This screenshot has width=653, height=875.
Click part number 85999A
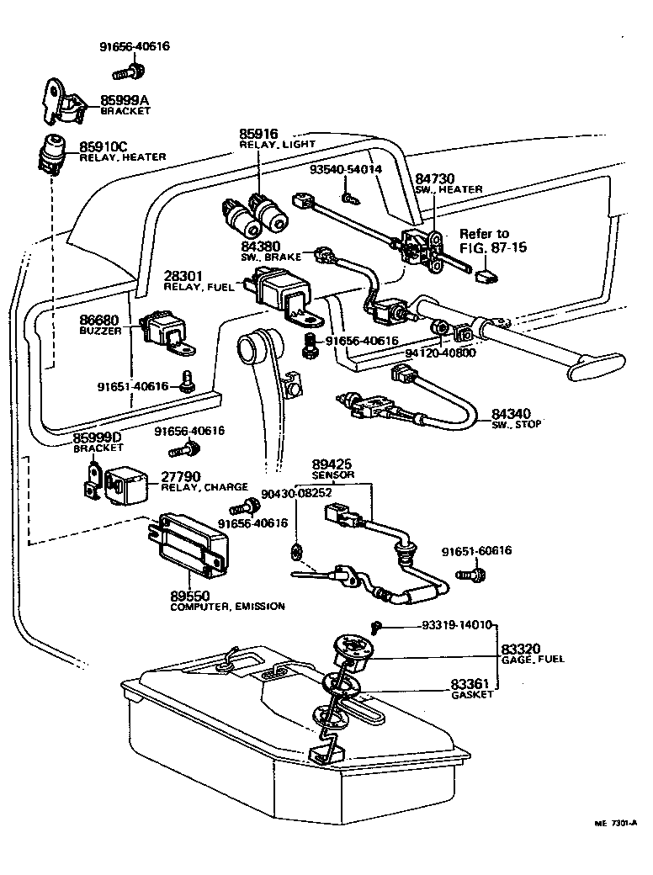point(125,99)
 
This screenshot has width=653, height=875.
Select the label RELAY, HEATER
point(122,156)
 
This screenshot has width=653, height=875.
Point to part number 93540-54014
point(345,169)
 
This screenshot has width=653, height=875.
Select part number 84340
point(512,414)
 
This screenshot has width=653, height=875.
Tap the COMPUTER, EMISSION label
point(227,606)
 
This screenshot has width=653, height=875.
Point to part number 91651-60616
point(476,552)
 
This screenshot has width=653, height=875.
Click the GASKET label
point(471,695)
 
